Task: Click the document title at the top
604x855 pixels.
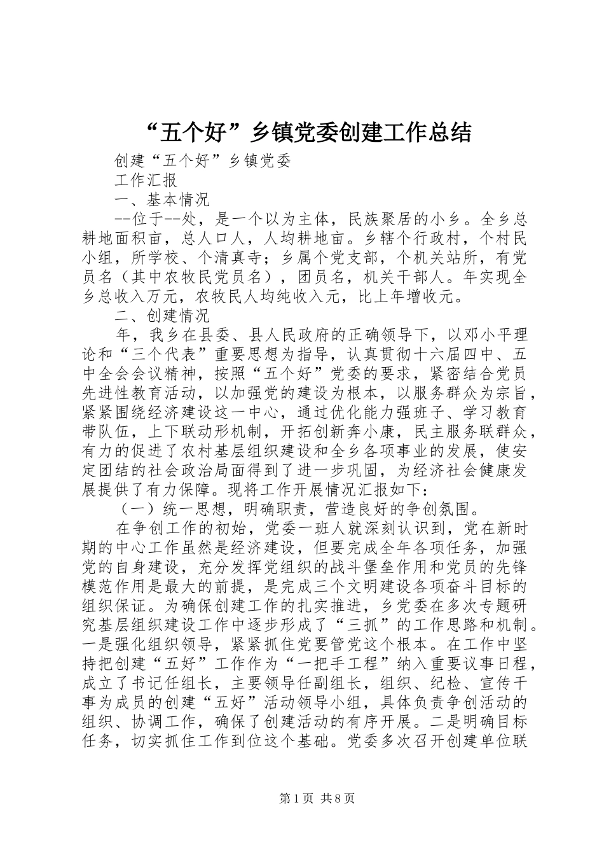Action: click(x=302, y=132)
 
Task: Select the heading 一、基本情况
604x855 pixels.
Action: click(x=162, y=200)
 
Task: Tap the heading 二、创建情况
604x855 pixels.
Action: click(x=162, y=316)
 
